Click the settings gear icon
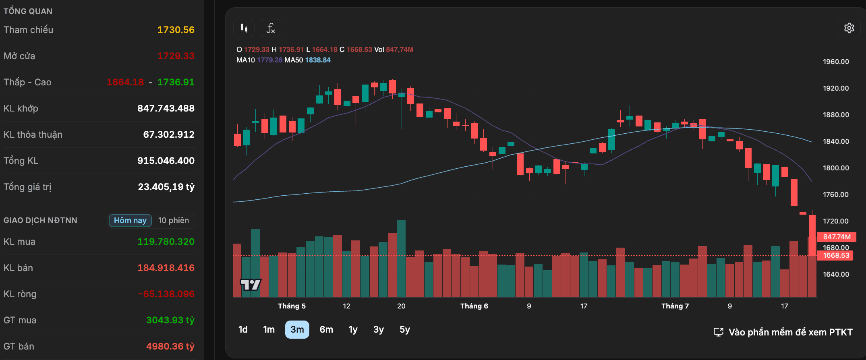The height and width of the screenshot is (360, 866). [849, 28]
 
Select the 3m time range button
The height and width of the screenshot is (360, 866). [297, 329]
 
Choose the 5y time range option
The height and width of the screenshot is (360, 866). [405, 329]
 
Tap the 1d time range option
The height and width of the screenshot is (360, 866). [243, 329]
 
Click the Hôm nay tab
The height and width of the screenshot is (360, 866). [130, 220]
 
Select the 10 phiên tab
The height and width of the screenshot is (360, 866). [174, 220]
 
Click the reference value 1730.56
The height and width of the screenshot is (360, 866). [176, 30]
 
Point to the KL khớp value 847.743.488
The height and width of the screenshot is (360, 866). [166, 108]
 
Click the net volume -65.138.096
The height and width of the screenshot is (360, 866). [166, 294]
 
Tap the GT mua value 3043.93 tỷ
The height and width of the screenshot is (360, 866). [170, 320]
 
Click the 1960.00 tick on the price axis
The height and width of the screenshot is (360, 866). [836, 62]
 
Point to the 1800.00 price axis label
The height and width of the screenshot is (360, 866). [836, 168]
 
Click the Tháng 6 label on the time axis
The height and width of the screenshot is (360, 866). [474, 306]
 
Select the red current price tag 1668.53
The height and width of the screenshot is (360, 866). [836, 255]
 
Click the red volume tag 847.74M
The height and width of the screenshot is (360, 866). [837, 237]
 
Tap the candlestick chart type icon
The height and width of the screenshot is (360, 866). [244, 28]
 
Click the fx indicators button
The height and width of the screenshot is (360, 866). [271, 28]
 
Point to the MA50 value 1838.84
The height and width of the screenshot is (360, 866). [318, 60]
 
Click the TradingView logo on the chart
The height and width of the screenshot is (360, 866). [251, 285]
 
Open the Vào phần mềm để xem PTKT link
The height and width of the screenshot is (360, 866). [783, 332]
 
